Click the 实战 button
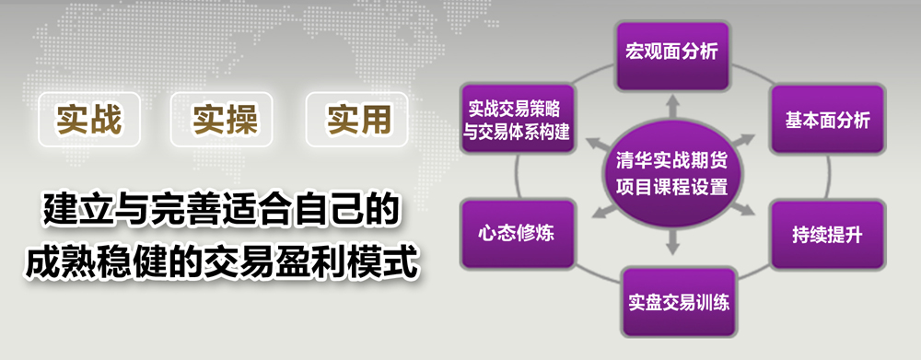[89, 120]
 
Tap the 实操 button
[225, 120]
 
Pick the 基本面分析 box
[827, 121]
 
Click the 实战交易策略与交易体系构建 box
[517, 121]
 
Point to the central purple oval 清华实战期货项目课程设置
[672, 175]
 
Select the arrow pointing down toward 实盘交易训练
[673, 242]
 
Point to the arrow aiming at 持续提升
[744, 210]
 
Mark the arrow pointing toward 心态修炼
[602, 211]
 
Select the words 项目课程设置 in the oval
[672, 187]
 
